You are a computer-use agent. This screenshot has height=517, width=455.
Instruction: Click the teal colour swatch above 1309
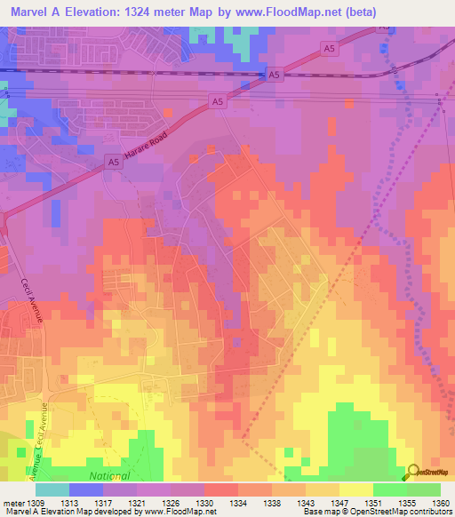[x=52, y=489]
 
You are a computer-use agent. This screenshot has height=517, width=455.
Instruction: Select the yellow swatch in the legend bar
[x=355, y=489]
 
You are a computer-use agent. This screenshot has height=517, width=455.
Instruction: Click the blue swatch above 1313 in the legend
[x=86, y=489]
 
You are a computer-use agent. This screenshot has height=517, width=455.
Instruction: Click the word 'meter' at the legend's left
[x=12, y=504]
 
